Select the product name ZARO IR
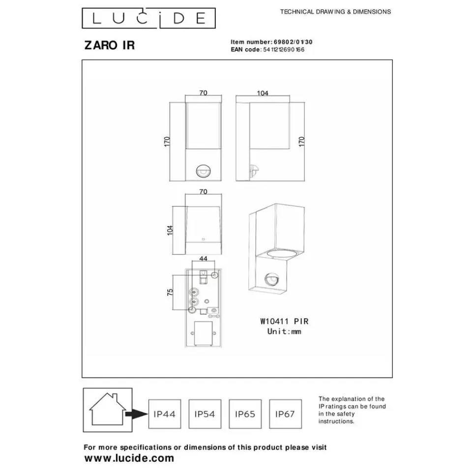(x=110, y=46)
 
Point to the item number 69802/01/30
(x=293, y=42)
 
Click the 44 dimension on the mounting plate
(x=203, y=258)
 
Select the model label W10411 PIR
(x=284, y=322)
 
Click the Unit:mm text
(x=284, y=332)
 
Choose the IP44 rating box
(x=164, y=414)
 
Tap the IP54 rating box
(x=205, y=414)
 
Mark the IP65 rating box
(x=245, y=414)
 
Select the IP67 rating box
(x=285, y=414)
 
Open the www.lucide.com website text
(x=129, y=458)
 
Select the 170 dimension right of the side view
(x=302, y=141)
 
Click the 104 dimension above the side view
(x=263, y=93)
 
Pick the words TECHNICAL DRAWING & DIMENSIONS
(x=335, y=12)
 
